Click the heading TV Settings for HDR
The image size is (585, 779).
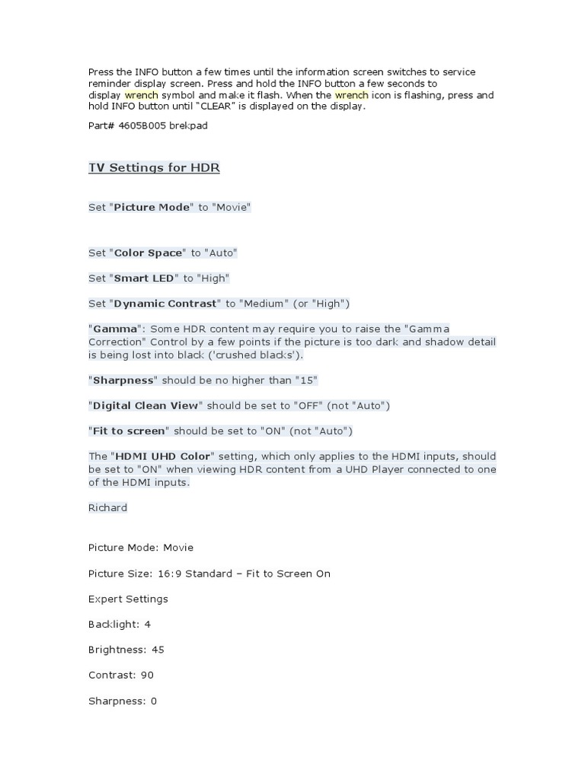[154, 167]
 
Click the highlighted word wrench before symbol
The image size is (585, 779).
[141, 95]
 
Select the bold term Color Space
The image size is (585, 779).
[148, 253]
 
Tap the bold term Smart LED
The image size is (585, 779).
[144, 278]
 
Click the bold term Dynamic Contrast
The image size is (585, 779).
[165, 304]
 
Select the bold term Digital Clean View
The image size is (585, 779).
[146, 405]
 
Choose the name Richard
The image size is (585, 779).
[107, 507]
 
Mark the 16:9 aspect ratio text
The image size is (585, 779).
[168, 574]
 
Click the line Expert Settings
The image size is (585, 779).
[128, 599]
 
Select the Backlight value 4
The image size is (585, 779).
[148, 625]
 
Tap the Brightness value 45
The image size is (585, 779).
[158, 650]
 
